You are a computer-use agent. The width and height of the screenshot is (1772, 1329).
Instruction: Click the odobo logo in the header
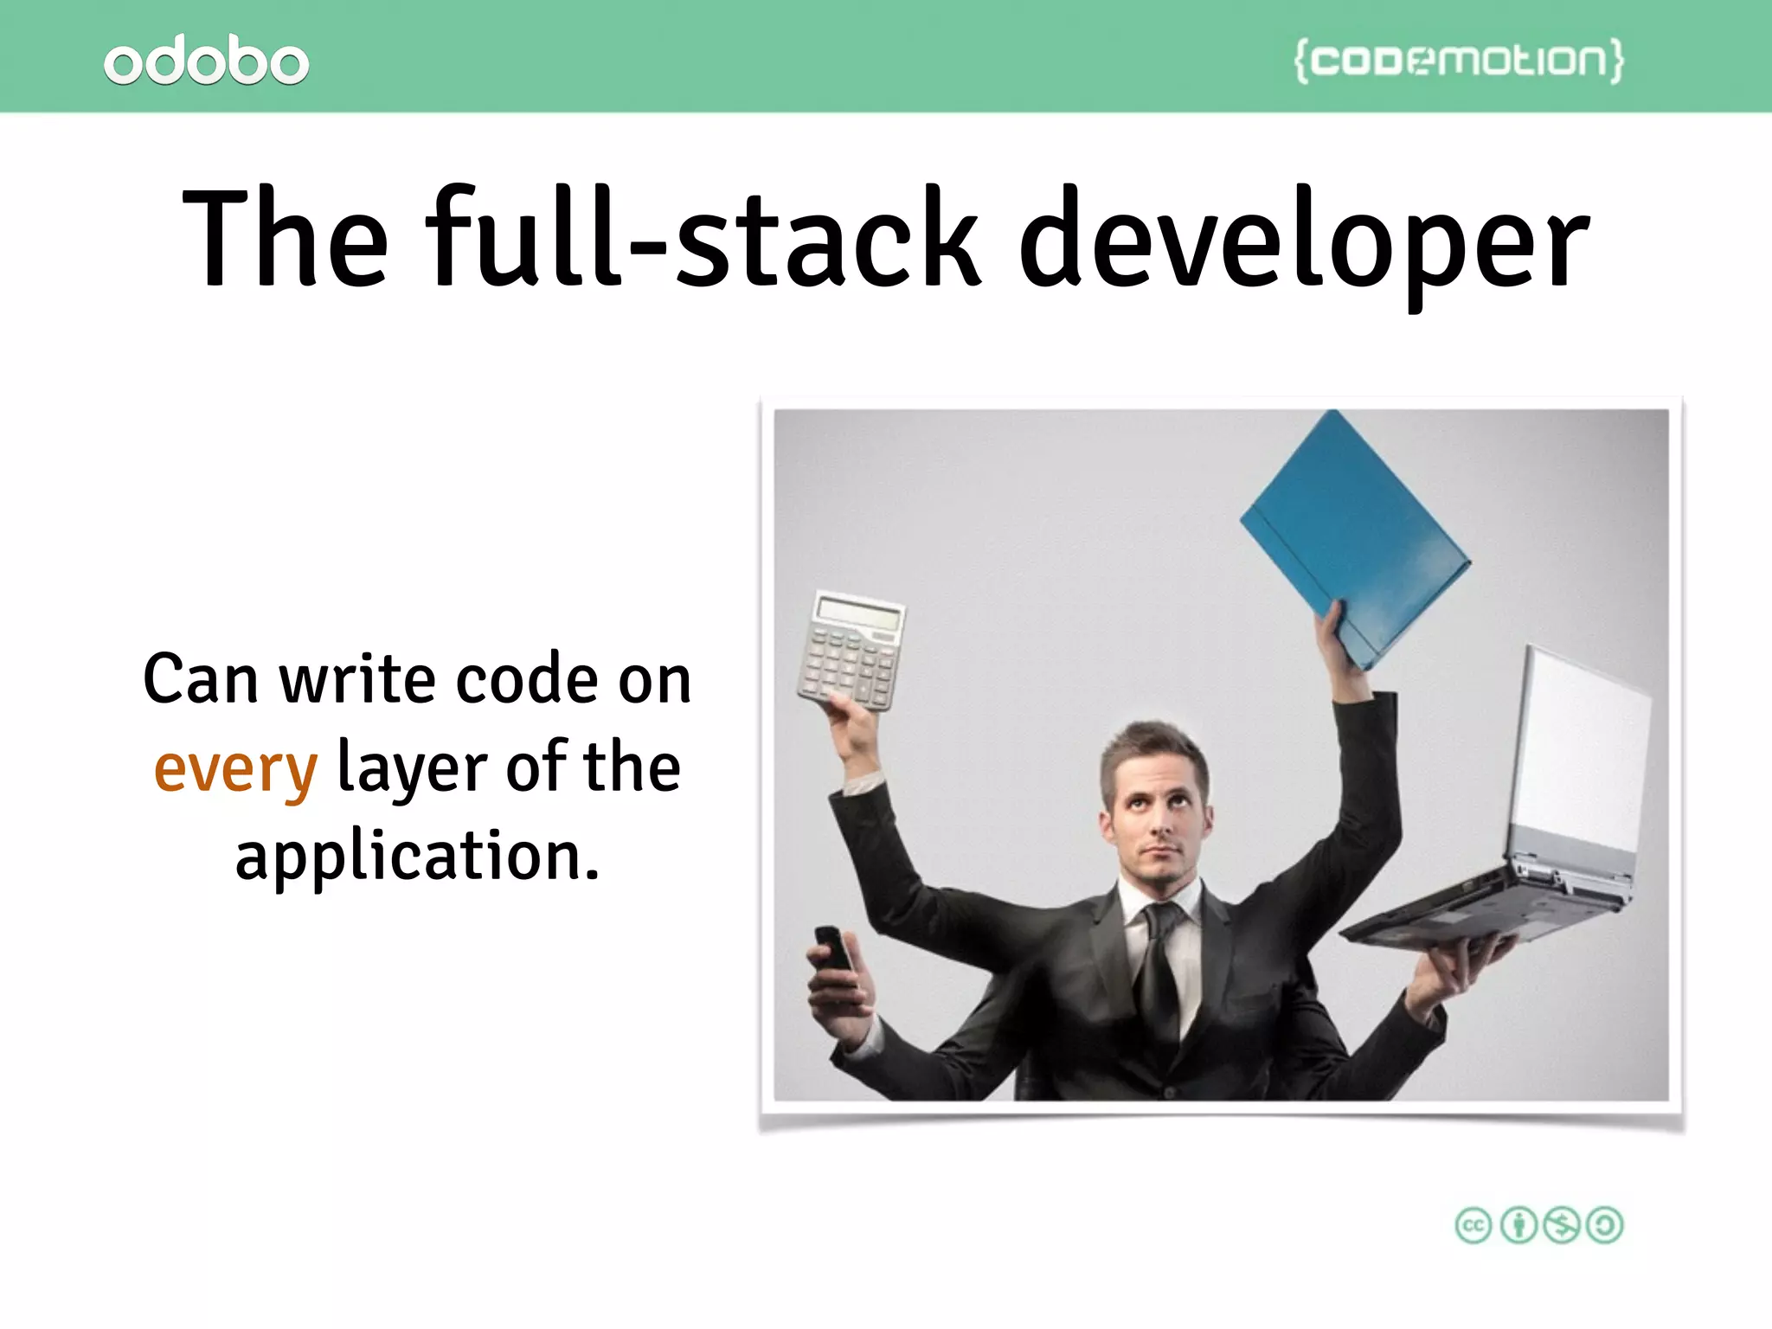coord(206,62)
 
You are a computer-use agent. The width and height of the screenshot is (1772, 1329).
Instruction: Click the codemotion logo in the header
coord(1459,61)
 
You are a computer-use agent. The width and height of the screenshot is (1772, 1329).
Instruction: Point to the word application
coord(417,857)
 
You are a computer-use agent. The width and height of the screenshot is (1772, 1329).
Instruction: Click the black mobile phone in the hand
coord(834,948)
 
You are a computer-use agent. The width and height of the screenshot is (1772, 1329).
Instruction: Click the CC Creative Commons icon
coord(1473,1225)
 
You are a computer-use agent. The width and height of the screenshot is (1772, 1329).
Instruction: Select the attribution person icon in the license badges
coord(1518,1225)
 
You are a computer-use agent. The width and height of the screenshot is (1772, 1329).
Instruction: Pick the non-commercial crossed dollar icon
coord(1562,1225)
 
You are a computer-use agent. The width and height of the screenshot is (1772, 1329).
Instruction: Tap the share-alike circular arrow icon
coord(1606,1225)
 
